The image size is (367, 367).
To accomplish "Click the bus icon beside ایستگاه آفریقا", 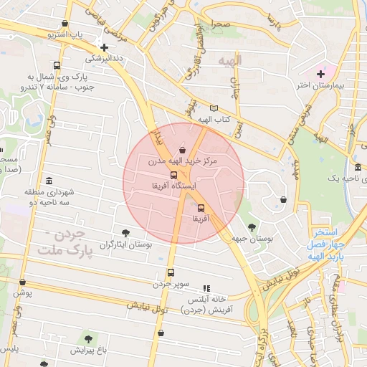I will point(173,175).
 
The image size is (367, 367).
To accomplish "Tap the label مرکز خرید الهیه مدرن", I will point(182,162).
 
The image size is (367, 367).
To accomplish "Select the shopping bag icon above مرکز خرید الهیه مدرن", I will point(182,151).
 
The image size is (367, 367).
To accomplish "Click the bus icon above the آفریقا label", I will point(200,208).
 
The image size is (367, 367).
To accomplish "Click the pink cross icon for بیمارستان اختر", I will point(320,74).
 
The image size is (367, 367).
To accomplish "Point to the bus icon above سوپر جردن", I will point(170,272).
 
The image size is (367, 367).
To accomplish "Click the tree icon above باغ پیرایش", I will point(88,338).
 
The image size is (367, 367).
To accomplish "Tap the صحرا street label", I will point(220,24).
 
